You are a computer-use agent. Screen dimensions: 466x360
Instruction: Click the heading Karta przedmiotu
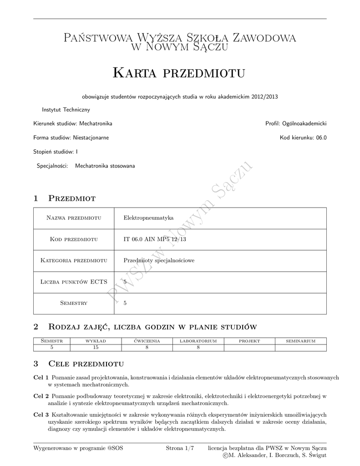[x=179, y=73]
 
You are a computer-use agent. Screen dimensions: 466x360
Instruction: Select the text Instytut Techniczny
[x=66, y=110]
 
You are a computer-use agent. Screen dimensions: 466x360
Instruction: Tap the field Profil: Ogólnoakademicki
[x=296, y=123]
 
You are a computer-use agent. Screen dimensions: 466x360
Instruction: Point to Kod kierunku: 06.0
[x=303, y=137]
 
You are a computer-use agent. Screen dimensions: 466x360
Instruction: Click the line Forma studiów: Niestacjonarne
[x=71, y=137]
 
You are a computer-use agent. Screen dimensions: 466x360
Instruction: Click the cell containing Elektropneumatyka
[x=149, y=218]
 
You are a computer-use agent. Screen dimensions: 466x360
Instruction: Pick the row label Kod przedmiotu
[x=73, y=239]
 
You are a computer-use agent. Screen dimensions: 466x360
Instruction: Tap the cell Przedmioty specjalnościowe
[x=159, y=261]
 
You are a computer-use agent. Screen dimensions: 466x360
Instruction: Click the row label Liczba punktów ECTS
[x=73, y=282]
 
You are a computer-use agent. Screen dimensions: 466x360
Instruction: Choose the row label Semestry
[x=73, y=303]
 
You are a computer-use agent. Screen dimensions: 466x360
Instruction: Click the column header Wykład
[x=96, y=340]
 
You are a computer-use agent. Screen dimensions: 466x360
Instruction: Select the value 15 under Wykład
[x=96, y=347]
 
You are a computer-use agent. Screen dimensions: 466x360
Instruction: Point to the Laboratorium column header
[x=198, y=340]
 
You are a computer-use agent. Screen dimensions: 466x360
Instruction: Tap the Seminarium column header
[x=300, y=340]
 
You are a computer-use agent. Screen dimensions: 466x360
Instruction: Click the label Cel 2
[x=41, y=396]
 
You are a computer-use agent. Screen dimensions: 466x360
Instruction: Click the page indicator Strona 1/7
[x=180, y=448]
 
